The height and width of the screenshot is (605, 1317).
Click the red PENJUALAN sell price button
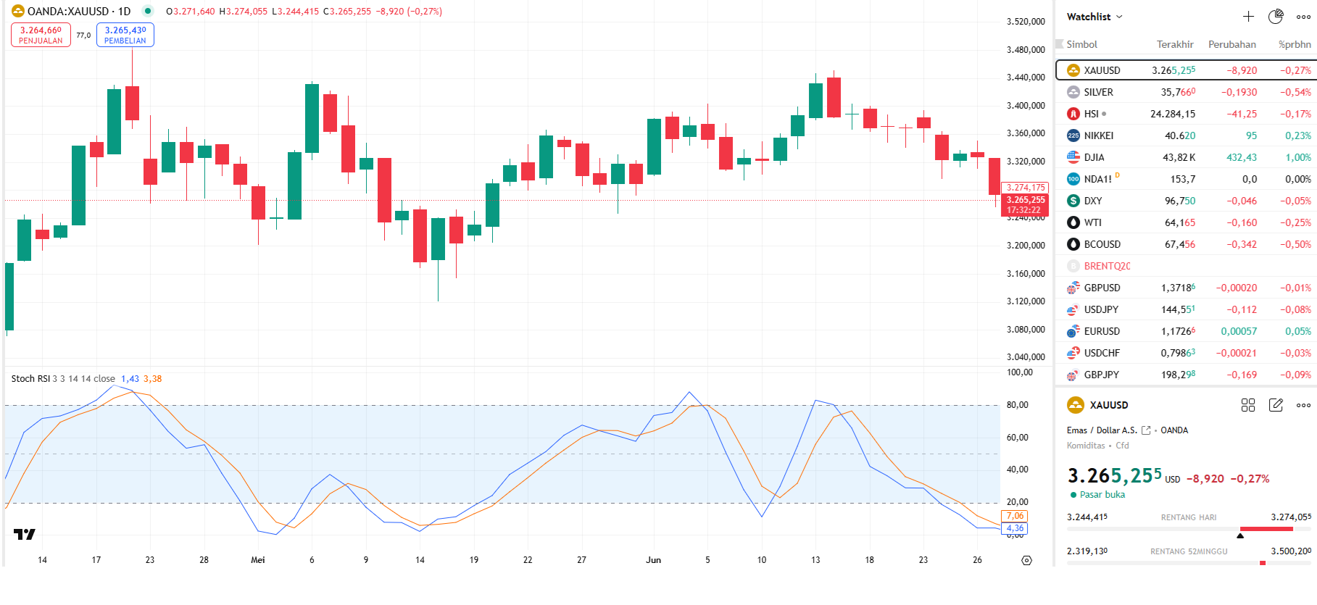[x=41, y=35]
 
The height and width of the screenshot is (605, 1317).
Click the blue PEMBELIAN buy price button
[x=125, y=35]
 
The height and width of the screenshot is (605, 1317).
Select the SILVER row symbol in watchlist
[x=1098, y=92]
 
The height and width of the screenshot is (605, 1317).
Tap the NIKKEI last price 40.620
[x=1179, y=135]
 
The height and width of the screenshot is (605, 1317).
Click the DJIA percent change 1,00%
[x=1297, y=157]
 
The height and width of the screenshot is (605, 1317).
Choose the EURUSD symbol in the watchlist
[x=1102, y=331]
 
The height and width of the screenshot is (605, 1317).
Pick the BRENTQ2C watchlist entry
[x=1107, y=266]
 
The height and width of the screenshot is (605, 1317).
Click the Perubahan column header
[x=1231, y=44]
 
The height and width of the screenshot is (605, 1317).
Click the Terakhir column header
[x=1174, y=44]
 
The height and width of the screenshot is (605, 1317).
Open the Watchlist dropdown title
[x=1094, y=17]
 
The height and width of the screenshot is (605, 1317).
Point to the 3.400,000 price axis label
[x=1026, y=106]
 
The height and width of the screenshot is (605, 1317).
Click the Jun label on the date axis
[x=653, y=560]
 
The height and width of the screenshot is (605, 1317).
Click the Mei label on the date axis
[x=257, y=560]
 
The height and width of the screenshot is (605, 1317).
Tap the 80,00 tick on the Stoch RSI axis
[x=1017, y=405]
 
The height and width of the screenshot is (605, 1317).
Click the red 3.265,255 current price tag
[x=1025, y=200]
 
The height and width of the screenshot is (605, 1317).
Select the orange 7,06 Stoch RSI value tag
[x=1014, y=516]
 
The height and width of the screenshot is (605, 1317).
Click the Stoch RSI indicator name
[x=30, y=379]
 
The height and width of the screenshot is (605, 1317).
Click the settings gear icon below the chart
[x=1026, y=560]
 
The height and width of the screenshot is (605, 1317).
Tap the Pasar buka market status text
[x=1102, y=495]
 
